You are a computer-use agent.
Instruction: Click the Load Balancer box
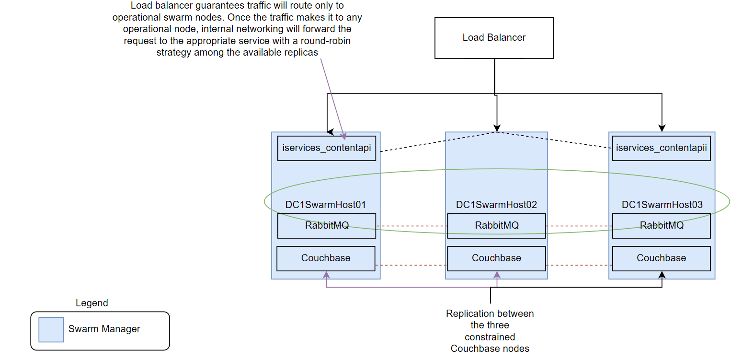(494, 38)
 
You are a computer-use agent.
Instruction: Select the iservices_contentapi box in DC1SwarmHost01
(327, 148)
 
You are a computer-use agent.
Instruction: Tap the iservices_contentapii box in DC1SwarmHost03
(662, 148)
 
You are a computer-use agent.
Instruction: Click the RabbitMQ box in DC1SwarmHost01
(327, 226)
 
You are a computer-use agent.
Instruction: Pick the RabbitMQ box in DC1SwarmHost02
(496, 226)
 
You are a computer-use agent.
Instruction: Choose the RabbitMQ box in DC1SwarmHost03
(662, 226)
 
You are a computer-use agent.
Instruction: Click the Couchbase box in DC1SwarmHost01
(326, 258)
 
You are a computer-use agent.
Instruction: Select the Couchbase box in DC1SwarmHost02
(496, 258)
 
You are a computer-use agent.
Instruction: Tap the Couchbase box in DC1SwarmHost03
(661, 258)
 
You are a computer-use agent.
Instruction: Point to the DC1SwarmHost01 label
(326, 205)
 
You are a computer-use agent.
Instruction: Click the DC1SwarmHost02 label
(496, 205)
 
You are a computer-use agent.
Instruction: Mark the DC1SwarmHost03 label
(662, 205)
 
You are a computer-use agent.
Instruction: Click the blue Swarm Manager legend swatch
(51, 329)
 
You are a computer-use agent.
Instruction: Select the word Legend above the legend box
(92, 303)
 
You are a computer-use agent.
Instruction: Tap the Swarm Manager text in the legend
(104, 329)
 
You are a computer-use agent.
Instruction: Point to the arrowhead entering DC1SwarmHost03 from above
(662, 128)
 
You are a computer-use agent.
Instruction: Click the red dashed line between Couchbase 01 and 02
(411, 265)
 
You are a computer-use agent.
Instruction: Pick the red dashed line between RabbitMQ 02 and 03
(579, 226)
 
